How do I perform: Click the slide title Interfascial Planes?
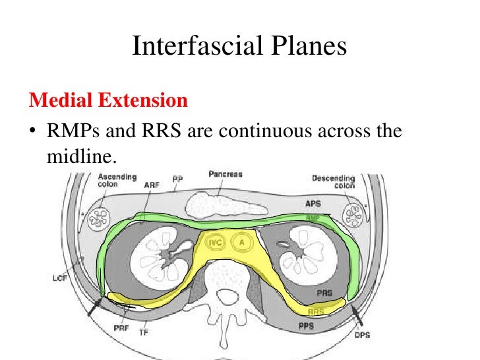pos(239,46)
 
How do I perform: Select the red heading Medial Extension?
pos(108,101)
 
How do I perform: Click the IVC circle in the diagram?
pos(216,242)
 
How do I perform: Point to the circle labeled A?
pos(242,242)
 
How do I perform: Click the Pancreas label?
pos(225,175)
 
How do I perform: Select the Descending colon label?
pos(334,181)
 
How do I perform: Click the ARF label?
pos(150,185)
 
